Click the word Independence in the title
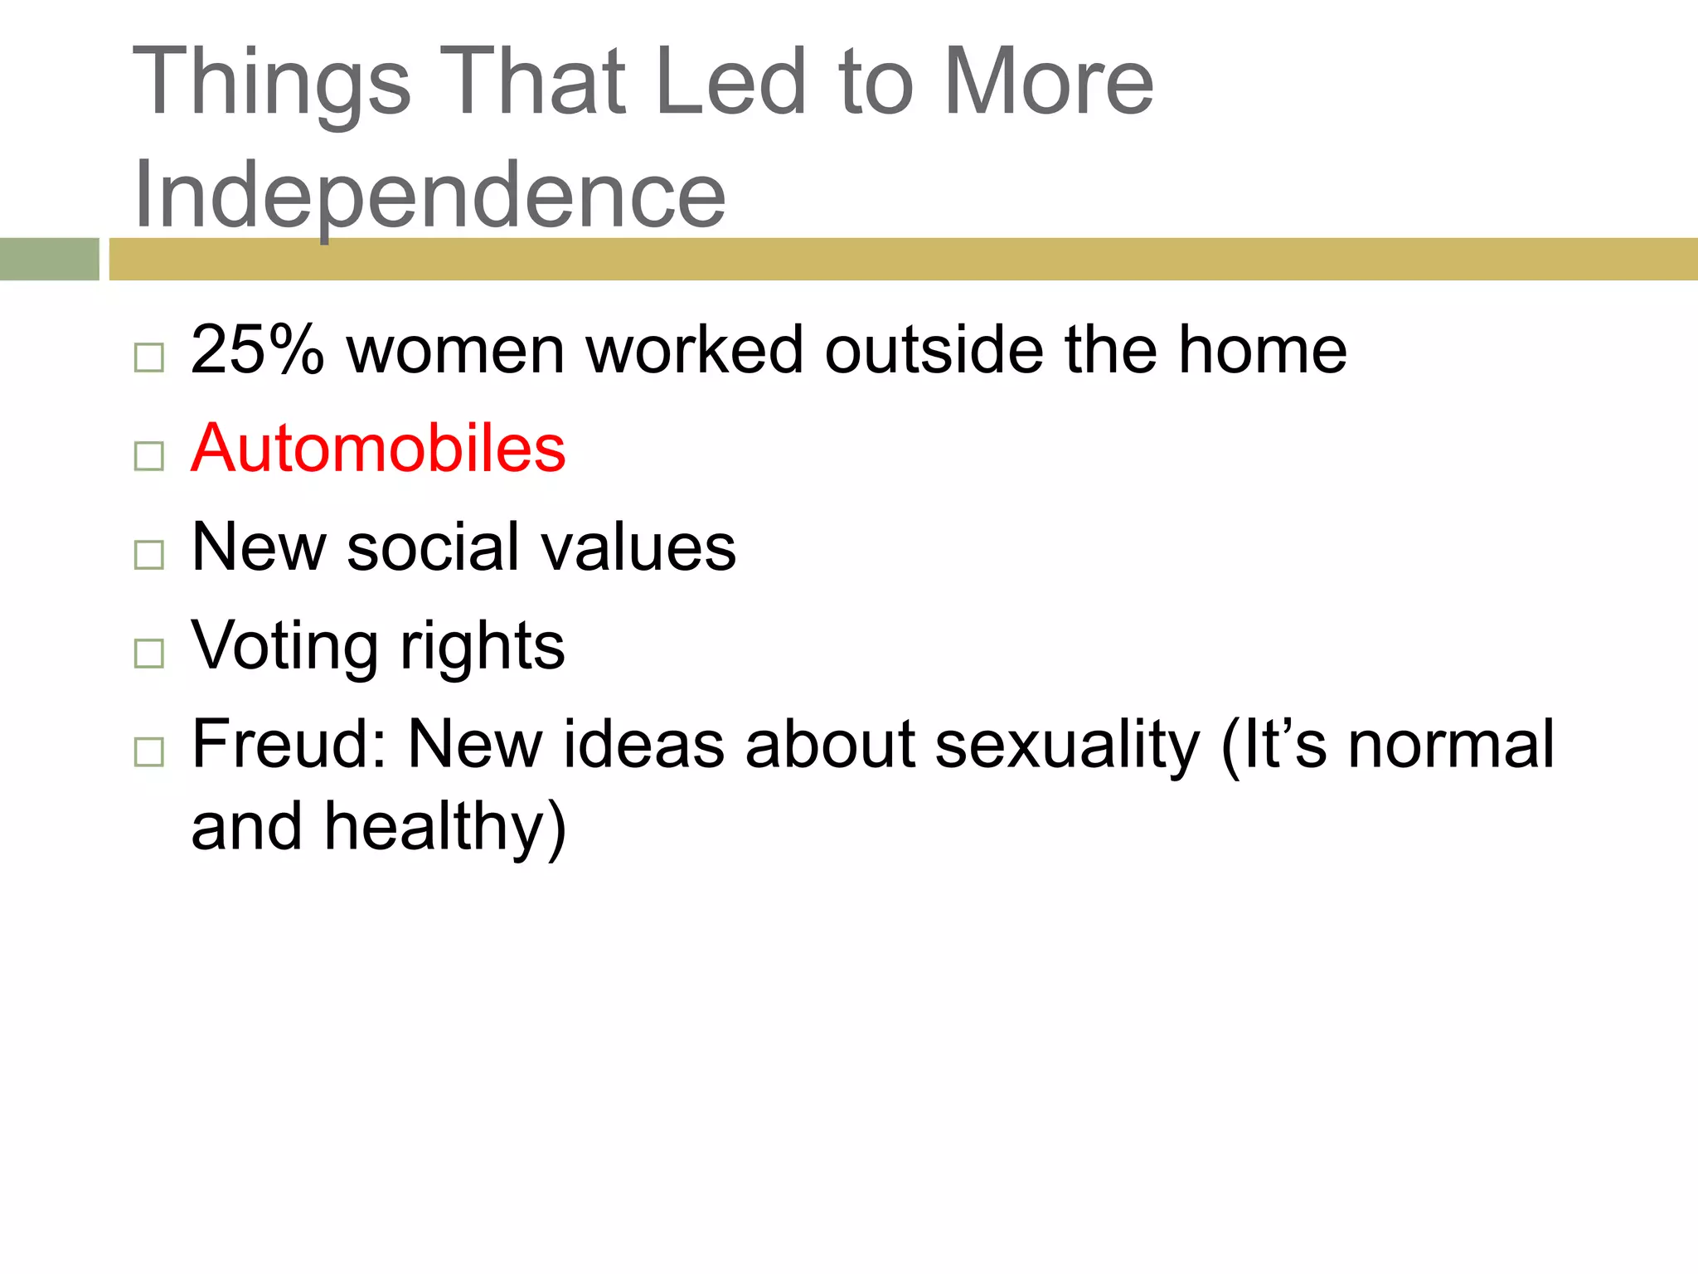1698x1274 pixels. [x=429, y=195]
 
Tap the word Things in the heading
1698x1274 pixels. [x=272, y=83]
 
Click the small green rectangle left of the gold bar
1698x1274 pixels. [x=49, y=259]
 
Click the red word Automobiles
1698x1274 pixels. [x=378, y=449]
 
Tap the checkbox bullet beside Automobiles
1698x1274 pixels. [x=149, y=456]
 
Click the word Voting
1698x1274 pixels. [x=285, y=645]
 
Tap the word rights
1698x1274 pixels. [x=483, y=647]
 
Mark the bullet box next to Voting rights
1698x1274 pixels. [x=149, y=654]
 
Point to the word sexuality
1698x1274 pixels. [x=1067, y=746]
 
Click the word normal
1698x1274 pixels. [x=1450, y=744]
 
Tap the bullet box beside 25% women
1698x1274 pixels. [x=149, y=357]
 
